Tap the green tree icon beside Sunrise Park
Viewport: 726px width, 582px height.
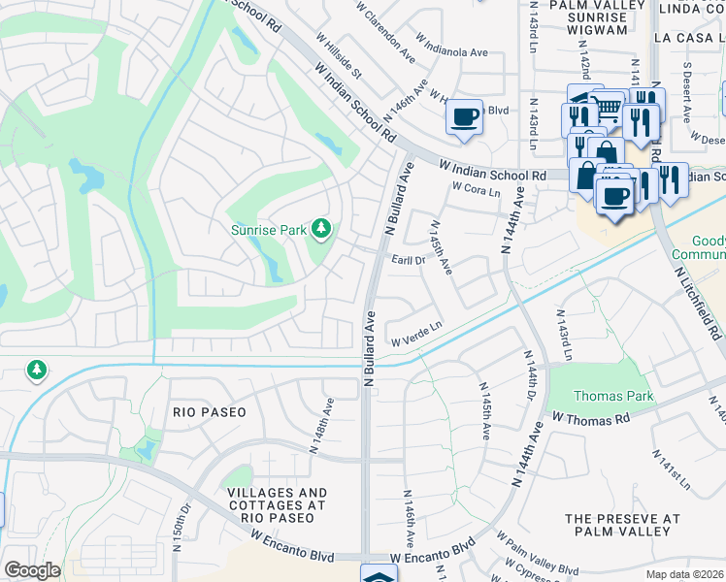click(x=321, y=230)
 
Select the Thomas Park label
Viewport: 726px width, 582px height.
click(x=613, y=396)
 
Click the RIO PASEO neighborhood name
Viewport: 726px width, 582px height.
click(x=209, y=412)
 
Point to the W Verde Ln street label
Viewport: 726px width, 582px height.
click(x=416, y=334)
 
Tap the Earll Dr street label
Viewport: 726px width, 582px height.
click(x=409, y=260)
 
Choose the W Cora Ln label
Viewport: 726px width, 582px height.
click(x=476, y=191)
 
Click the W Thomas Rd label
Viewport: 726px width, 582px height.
click(x=591, y=417)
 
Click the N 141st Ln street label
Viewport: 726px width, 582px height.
click(x=673, y=469)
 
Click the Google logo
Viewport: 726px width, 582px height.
click(x=32, y=570)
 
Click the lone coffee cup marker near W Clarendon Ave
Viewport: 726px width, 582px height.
click(x=464, y=116)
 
